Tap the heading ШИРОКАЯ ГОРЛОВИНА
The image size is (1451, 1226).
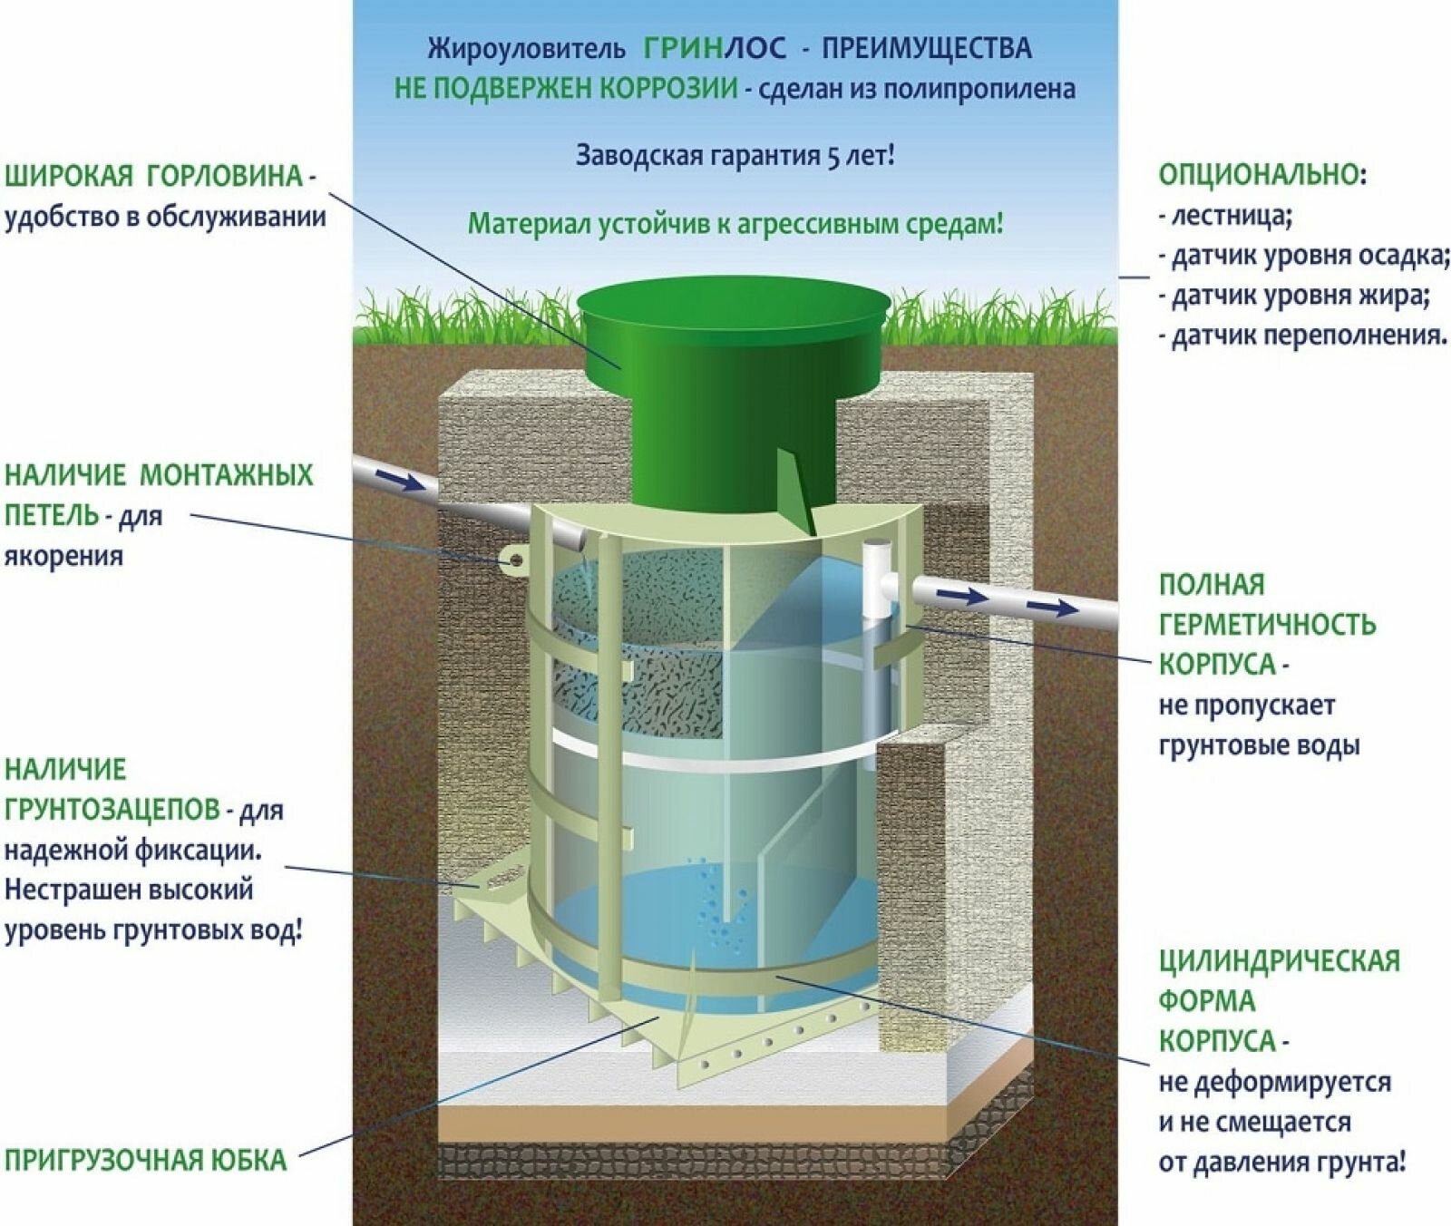(x=154, y=176)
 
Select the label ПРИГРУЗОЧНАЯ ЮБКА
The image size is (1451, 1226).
(x=145, y=1160)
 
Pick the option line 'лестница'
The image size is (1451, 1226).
(x=1224, y=216)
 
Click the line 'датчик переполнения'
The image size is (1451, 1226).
(x=1302, y=336)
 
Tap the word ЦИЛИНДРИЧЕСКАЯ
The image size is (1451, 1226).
(x=1279, y=960)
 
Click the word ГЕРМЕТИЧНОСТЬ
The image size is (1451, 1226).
(x=1267, y=624)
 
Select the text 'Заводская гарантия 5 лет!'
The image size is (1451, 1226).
(x=735, y=155)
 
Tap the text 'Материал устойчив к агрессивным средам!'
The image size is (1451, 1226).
(x=735, y=223)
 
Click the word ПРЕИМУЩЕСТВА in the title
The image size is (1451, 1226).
(x=926, y=47)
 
